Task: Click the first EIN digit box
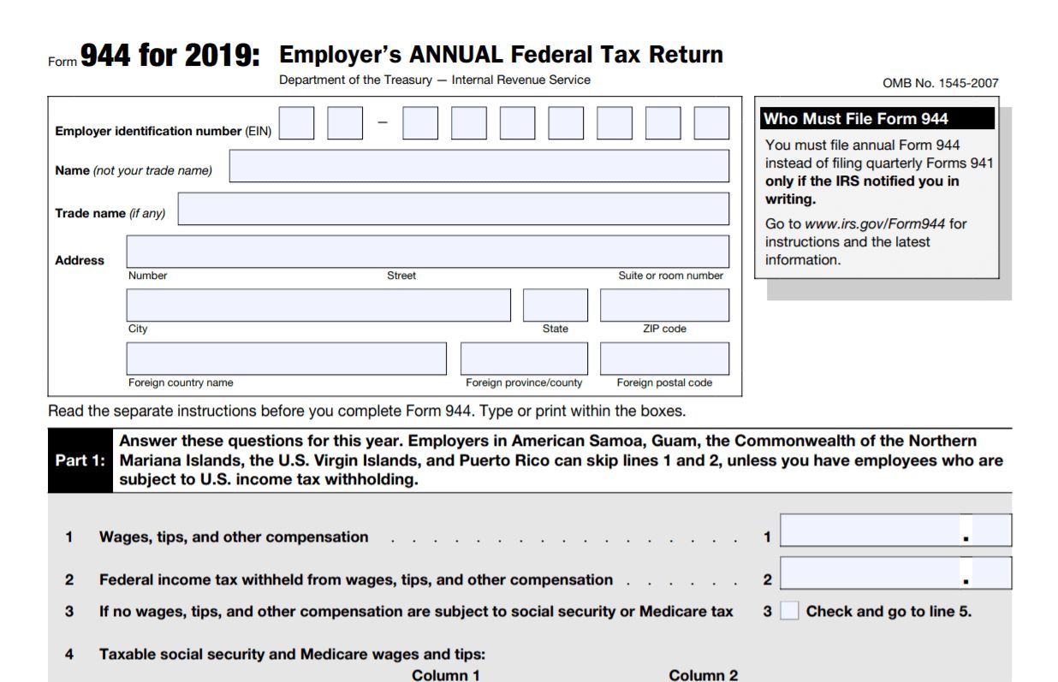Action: [296, 123]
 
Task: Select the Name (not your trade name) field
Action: [478, 166]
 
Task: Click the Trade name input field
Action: [453, 209]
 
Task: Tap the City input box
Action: [318, 305]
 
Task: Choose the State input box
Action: [555, 305]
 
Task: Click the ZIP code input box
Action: [664, 305]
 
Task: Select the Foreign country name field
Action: [286, 359]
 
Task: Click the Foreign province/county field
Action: [524, 359]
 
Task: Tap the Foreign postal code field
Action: [664, 359]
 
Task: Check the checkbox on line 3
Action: [789, 611]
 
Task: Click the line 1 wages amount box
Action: [895, 531]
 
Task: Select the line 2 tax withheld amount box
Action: [895, 573]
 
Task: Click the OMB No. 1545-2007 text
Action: [940, 83]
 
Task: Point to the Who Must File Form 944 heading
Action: [856, 119]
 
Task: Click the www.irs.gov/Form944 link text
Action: [875, 224]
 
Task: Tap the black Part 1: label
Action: [80, 460]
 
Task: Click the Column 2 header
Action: [703, 675]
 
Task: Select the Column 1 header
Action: [446, 675]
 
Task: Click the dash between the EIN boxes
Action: [383, 123]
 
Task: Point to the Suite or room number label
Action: [670, 276]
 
